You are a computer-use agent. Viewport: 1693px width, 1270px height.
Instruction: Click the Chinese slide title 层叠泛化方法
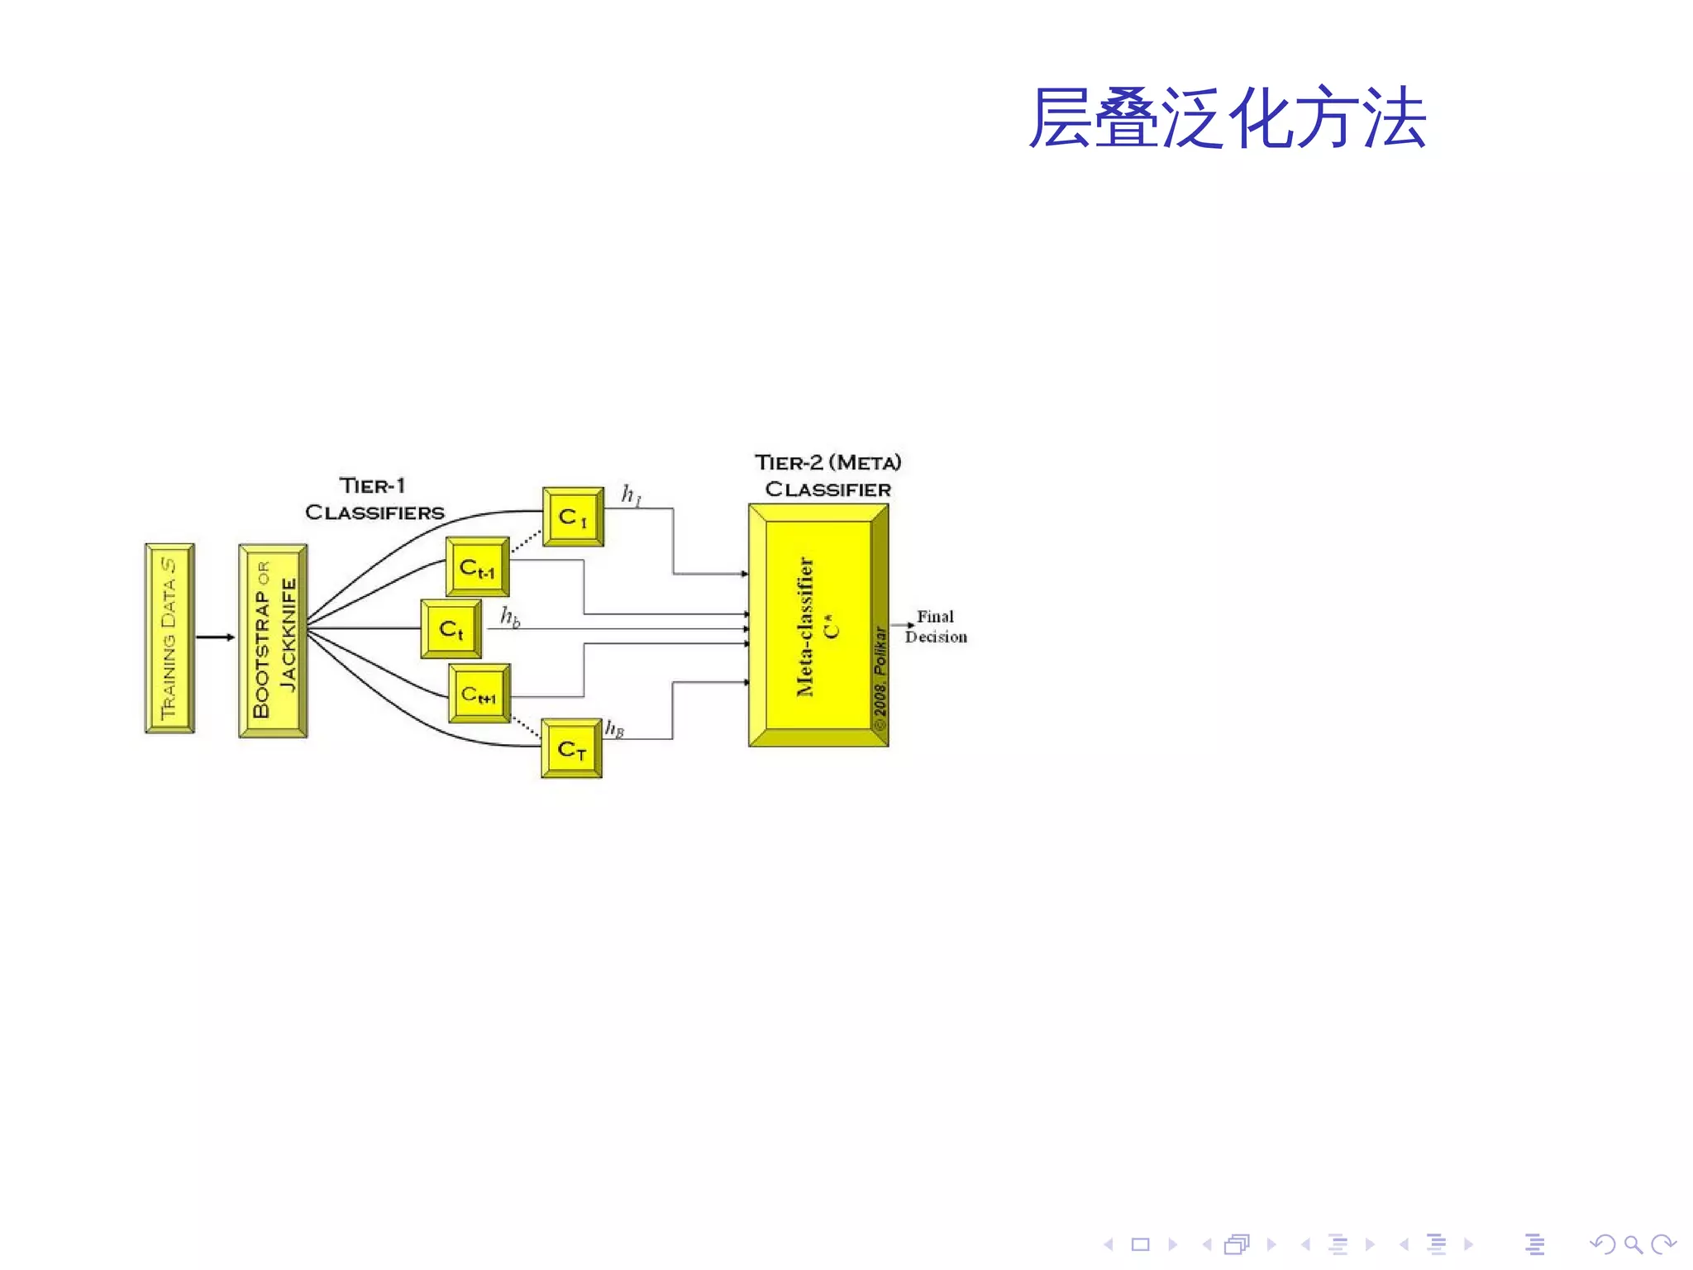click(x=1227, y=119)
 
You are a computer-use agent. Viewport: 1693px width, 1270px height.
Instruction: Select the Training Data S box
click(x=169, y=637)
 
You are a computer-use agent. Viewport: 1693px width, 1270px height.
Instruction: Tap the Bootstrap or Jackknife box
click(x=273, y=640)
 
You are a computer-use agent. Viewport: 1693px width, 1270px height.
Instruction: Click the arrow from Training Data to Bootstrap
click(x=215, y=637)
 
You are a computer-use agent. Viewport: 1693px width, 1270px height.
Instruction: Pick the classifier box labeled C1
click(x=573, y=517)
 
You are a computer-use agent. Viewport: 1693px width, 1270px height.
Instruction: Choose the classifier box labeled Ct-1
click(x=477, y=567)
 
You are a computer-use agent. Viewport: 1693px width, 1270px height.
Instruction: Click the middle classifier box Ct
click(x=451, y=629)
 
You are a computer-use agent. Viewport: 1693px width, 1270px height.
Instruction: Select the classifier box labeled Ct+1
click(x=479, y=694)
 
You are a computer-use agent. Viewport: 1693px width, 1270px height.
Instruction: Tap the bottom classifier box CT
click(x=571, y=749)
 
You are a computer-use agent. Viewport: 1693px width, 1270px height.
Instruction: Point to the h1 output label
click(x=632, y=495)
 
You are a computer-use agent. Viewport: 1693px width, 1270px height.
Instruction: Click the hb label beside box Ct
click(x=510, y=617)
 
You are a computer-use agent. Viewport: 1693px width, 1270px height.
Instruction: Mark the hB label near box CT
click(x=614, y=728)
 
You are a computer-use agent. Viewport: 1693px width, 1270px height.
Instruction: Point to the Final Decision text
click(x=936, y=627)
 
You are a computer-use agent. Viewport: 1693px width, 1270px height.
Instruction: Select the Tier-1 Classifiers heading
click(x=374, y=499)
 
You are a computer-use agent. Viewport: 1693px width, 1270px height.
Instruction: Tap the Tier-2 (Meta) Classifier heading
click(x=827, y=475)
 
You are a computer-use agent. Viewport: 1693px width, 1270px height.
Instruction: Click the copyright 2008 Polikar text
click(x=880, y=678)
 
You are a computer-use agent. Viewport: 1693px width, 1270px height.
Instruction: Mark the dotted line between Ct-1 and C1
click(x=526, y=542)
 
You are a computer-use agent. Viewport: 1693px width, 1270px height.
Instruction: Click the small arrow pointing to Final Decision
click(x=903, y=625)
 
